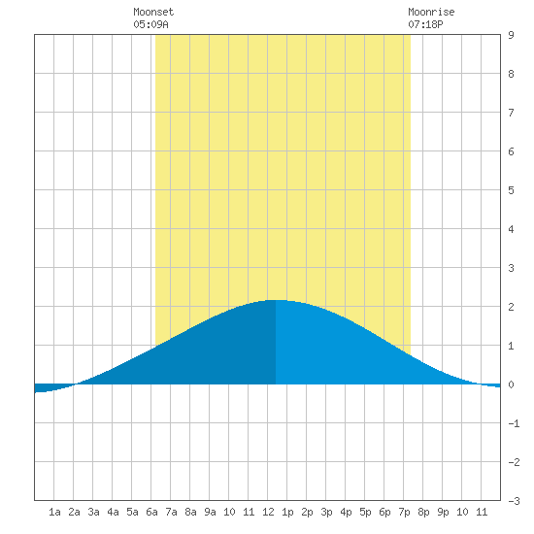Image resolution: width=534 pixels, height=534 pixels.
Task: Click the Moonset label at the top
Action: click(x=153, y=12)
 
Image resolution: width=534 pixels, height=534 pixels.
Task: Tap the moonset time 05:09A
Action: click(x=150, y=24)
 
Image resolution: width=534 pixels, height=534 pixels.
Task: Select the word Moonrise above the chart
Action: click(x=431, y=12)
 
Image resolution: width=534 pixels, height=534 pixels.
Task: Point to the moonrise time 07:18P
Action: click(x=425, y=24)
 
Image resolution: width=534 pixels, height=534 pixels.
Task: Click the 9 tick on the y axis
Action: click(x=511, y=35)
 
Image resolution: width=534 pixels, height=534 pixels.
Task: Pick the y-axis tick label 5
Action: click(x=511, y=190)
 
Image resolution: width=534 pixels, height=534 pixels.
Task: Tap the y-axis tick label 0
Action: click(x=511, y=384)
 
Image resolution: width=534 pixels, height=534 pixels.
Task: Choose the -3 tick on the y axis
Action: click(x=514, y=501)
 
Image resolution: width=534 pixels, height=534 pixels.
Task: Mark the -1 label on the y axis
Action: click(x=514, y=423)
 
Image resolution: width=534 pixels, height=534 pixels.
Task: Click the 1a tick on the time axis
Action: click(x=54, y=512)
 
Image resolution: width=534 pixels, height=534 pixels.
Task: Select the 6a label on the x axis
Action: click(x=151, y=512)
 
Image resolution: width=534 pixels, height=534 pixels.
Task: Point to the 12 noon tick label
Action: click(x=268, y=512)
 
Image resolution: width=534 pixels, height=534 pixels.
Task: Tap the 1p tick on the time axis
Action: click(x=287, y=512)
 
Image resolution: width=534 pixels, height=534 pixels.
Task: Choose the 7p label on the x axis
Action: click(x=404, y=512)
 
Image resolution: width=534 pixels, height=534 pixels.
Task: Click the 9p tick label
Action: click(x=443, y=512)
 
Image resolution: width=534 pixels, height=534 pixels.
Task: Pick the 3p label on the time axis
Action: click(x=326, y=512)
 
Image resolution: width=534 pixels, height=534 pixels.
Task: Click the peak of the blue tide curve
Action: click(x=276, y=300)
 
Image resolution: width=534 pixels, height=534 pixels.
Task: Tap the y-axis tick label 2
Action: click(x=511, y=307)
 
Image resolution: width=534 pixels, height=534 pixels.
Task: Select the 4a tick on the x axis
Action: click(x=113, y=512)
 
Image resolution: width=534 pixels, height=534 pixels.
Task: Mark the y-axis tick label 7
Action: click(x=511, y=113)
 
